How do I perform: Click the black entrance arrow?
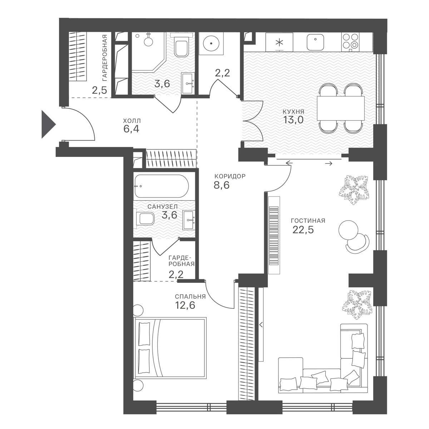(x=47, y=124)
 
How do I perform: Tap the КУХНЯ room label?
(x=293, y=112)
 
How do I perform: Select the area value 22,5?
(x=303, y=230)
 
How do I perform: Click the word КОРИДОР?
(x=230, y=176)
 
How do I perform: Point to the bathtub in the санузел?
(x=162, y=186)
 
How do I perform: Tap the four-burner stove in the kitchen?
(x=351, y=41)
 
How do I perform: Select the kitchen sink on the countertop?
(x=315, y=42)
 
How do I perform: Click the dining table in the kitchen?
(x=341, y=108)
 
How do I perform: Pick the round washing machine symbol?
(x=211, y=43)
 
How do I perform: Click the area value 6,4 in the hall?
(x=131, y=129)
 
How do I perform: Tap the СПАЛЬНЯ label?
(x=190, y=296)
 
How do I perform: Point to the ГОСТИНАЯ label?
(x=308, y=221)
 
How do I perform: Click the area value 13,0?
(x=293, y=120)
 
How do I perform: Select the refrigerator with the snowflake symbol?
(x=280, y=42)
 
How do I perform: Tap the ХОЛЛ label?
(x=132, y=121)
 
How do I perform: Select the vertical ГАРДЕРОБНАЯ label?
(x=105, y=58)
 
